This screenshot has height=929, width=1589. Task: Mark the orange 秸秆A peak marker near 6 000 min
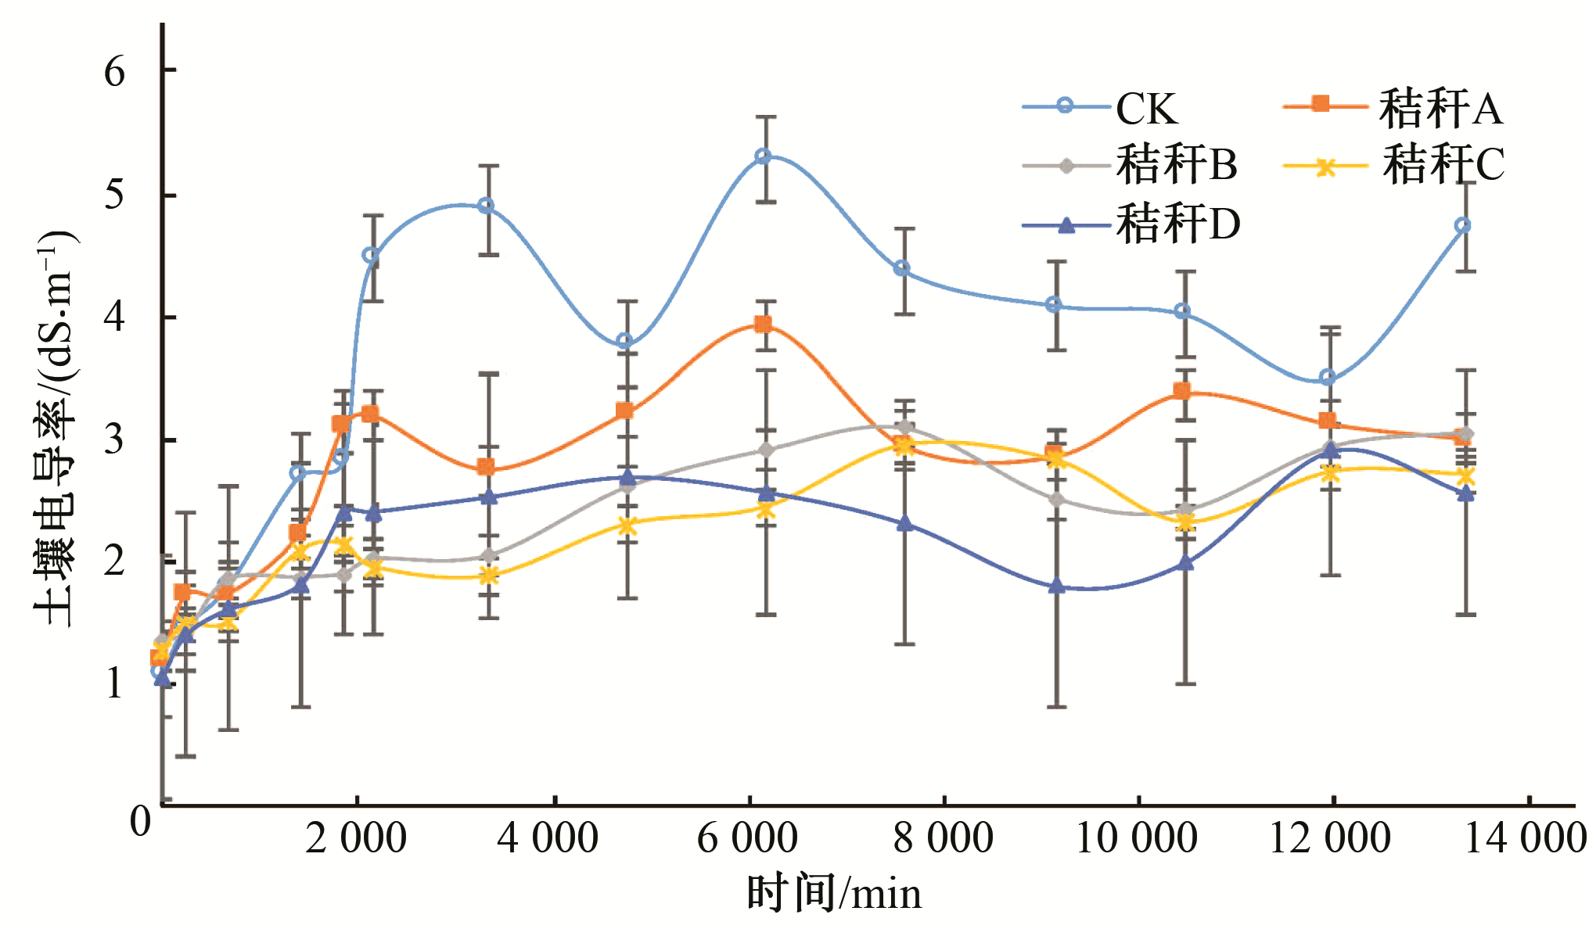[763, 325]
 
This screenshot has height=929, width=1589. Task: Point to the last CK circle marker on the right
[1462, 225]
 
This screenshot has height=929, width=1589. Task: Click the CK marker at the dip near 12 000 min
[1328, 378]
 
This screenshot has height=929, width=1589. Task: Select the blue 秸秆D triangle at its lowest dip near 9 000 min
[1057, 586]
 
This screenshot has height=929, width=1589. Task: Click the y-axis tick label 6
[114, 72]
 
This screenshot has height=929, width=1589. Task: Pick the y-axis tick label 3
[114, 439]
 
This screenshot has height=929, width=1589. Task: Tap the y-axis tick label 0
[140, 821]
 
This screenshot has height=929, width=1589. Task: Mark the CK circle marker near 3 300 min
[486, 206]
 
